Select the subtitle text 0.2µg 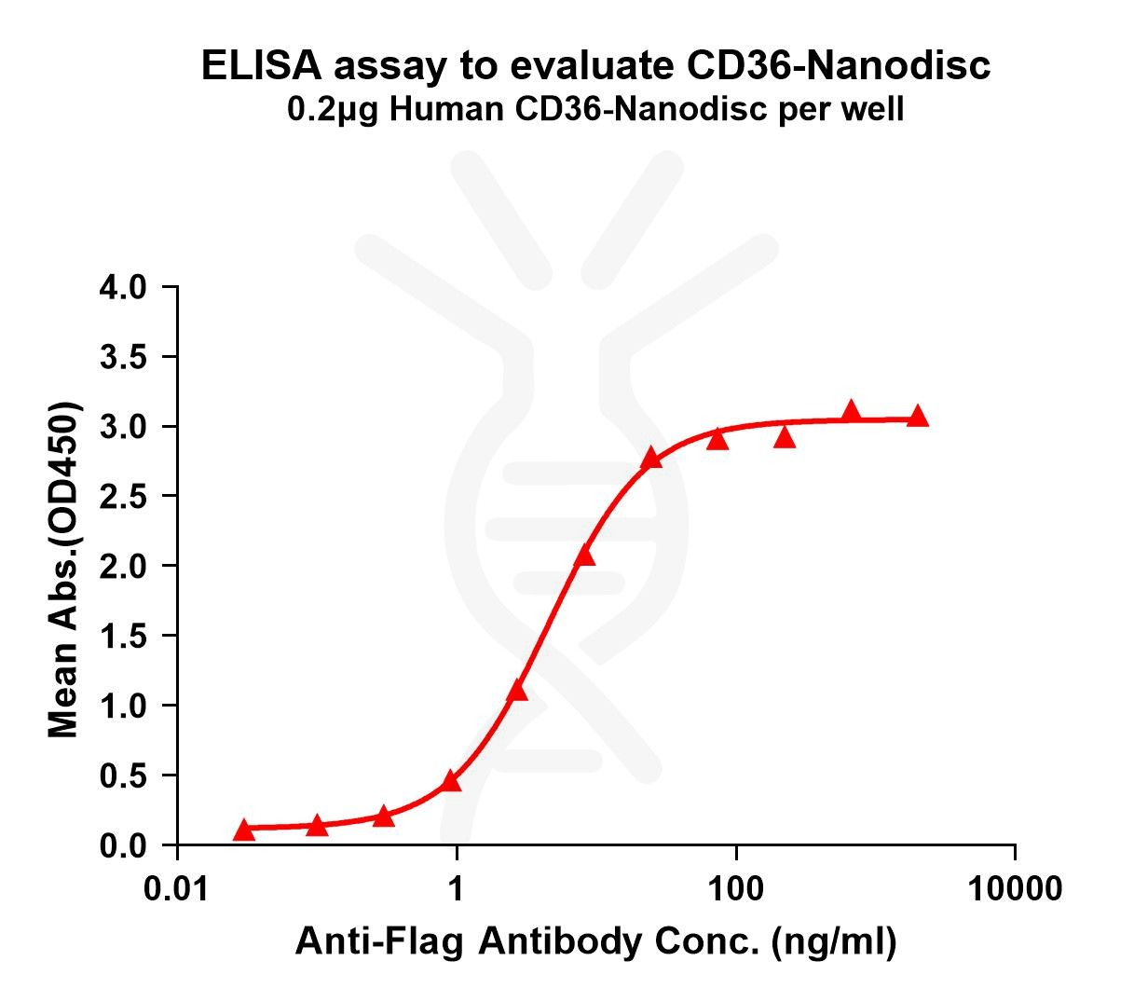coord(333,111)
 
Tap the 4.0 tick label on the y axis coord(124,287)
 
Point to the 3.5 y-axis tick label coord(124,357)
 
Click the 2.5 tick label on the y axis coord(124,496)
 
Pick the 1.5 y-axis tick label coord(124,636)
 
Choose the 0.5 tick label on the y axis coord(124,776)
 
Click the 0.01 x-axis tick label coord(176,888)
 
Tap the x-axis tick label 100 coord(735,888)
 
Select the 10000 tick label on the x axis coord(1014,888)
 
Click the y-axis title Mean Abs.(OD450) coord(63,570)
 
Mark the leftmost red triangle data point coord(243,829)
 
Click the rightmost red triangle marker coord(918,416)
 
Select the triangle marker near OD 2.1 coord(584,556)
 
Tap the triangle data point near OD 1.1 coord(517,691)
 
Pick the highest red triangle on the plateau coord(851,411)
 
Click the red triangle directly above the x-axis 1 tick coord(451,780)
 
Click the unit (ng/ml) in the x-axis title coord(832,942)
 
